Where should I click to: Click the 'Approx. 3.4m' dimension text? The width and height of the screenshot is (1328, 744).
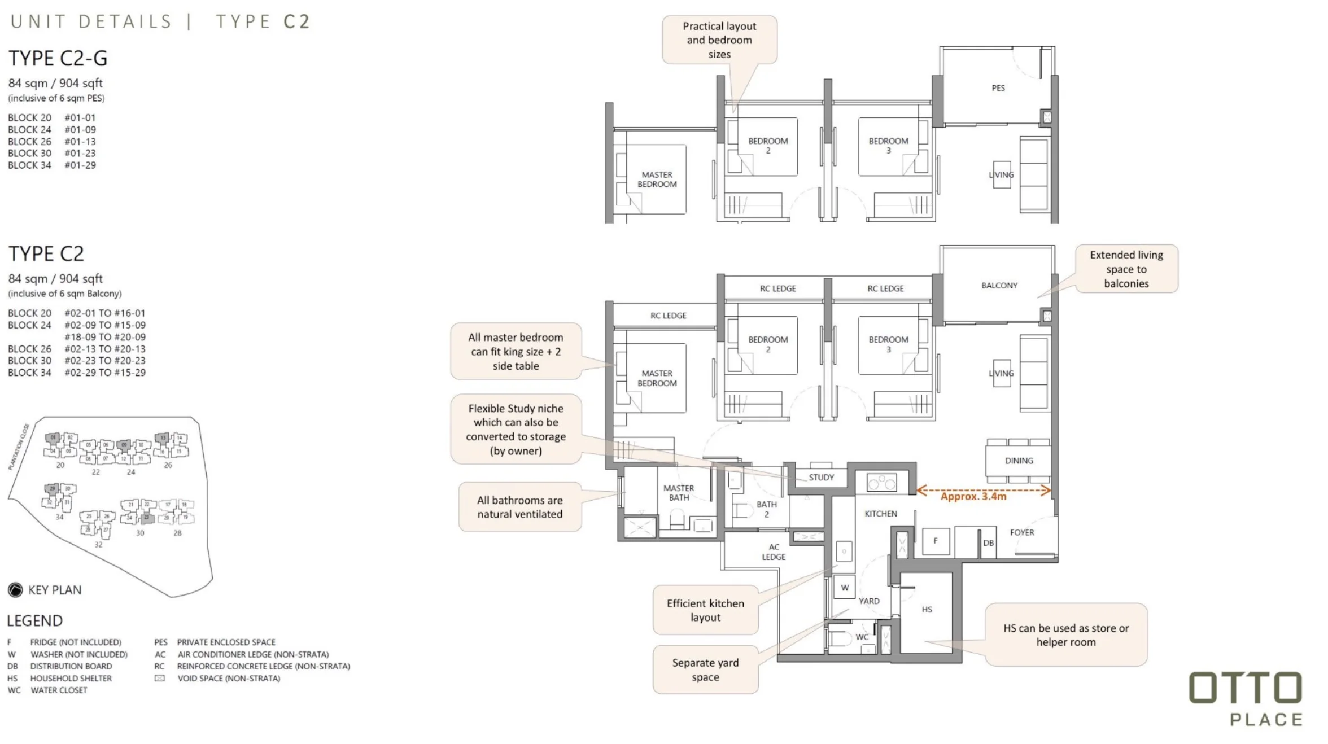pyautogui.click(x=973, y=497)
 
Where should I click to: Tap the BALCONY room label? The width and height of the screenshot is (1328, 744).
pyautogui.click(x=999, y=286)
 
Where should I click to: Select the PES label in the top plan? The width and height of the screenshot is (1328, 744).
pyautogui.click(x=998, y=88)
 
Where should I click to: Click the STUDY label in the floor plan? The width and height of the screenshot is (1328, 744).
pyautogui.click(x=820, y=478)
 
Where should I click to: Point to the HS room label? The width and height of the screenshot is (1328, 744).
pyautogui.click(x=927, y=610)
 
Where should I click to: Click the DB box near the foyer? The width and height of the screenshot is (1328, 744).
pyautogui.click(x=988, y=543)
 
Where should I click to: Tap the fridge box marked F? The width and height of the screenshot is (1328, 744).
pyautogui.click(x=935, y=541)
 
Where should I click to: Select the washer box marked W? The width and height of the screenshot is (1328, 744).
pyautogui.click(x=844, y=588)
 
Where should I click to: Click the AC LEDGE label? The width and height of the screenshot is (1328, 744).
pyautogui.click(x=774, y=552)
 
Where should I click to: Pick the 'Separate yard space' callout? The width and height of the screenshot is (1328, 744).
pyautogui.click(x=705, y=670)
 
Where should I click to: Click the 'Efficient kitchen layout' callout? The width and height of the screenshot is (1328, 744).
pyautogui.click(x=705, y=610)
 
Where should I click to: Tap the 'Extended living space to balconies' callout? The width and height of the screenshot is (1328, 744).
pyautogui.click(x=1126, y=269)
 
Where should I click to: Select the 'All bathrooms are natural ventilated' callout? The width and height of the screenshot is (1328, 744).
pyautogui.click(x=519, y=507)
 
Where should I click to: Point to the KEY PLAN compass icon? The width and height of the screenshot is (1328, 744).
pyautogui.click(x=15, y=590)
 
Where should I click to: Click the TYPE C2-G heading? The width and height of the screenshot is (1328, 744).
pyautogui.click(x=58, y=58)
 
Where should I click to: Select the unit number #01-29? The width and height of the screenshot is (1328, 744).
pyautogui.click(x=80, y=165)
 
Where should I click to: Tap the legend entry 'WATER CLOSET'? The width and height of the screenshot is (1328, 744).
pyautogui.click(x=59, y=690)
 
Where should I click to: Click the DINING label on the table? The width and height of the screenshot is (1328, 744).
pyautogui.click(x=1019, y=461)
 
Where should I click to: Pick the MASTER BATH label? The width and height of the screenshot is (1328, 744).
pyautogui.click(x=678, y=493)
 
